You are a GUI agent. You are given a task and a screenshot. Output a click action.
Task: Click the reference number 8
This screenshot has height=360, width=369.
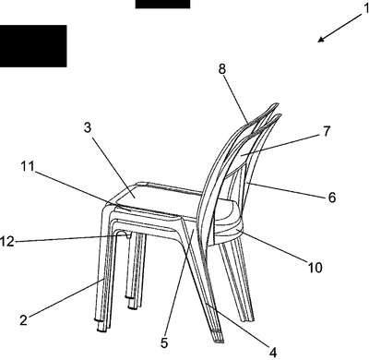tap(222, 69)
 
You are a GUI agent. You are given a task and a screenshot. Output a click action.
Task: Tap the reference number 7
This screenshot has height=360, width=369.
tap(327, 131)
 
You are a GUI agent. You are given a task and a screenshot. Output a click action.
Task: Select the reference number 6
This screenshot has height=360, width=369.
tap(332, 198)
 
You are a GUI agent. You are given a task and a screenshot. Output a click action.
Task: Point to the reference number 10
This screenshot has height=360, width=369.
tap(315, 268)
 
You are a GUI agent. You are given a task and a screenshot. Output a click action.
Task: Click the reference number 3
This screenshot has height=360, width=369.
tap(88, 127)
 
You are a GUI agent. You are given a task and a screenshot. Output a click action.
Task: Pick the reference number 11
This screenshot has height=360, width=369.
tap(28, 166)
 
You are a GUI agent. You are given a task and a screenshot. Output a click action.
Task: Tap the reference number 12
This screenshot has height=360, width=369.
tap(6, 242)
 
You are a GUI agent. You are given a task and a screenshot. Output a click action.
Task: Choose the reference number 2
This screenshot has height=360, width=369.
tap(24, 320)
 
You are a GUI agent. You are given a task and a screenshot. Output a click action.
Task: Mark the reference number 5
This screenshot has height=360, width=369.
tap(164, 343)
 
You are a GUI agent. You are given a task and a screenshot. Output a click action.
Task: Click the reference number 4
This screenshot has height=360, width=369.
tap(273, 353)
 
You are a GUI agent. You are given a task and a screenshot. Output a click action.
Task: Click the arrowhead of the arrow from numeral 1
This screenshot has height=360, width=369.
tap(321, 40)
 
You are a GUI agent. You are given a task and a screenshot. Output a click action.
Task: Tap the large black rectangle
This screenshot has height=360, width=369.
tap(33, 46)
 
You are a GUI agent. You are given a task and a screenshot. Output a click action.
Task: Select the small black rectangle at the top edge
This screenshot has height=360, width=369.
tap(162, 4)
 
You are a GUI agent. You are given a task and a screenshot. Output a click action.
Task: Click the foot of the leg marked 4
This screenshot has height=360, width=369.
tap(218, 337)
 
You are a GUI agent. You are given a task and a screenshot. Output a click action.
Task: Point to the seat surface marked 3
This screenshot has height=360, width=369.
tap(160, 197)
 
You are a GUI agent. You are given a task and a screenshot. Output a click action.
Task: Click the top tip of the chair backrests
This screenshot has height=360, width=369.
tap(277, 104)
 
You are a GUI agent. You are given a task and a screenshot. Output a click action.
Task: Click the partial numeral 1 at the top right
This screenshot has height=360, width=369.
tap(366, 8)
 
